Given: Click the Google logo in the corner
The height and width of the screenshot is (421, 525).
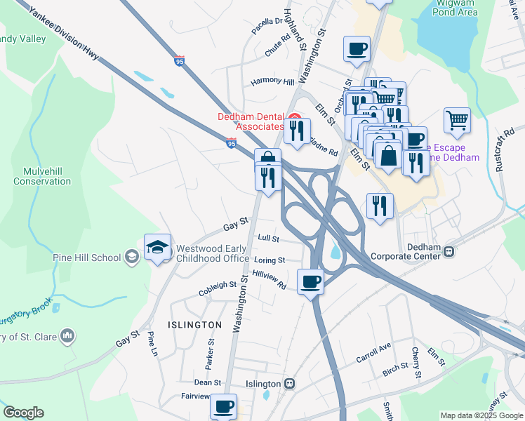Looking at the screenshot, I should [x=23, y=413].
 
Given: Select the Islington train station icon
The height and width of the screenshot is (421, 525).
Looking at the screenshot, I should [x=288, y=384].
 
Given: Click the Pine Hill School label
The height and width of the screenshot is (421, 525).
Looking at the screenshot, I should [x=86, y=258].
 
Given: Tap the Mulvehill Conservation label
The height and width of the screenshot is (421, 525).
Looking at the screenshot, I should [x=42, y=175].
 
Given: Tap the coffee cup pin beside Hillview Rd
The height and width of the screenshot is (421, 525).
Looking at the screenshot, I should [x=310, y=282].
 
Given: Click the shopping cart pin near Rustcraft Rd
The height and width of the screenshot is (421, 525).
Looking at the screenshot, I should [x=457, y=120].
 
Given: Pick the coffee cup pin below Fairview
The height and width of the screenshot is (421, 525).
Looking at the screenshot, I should [x=223, y=406].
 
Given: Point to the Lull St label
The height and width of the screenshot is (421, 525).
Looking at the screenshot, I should [x=268, y=239].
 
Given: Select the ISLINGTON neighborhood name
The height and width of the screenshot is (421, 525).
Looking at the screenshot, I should [x=194, y=325].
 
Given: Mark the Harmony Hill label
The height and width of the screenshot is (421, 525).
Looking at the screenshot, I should [x=272, y=81].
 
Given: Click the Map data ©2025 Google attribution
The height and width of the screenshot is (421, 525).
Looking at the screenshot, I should [x=481, y=415].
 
